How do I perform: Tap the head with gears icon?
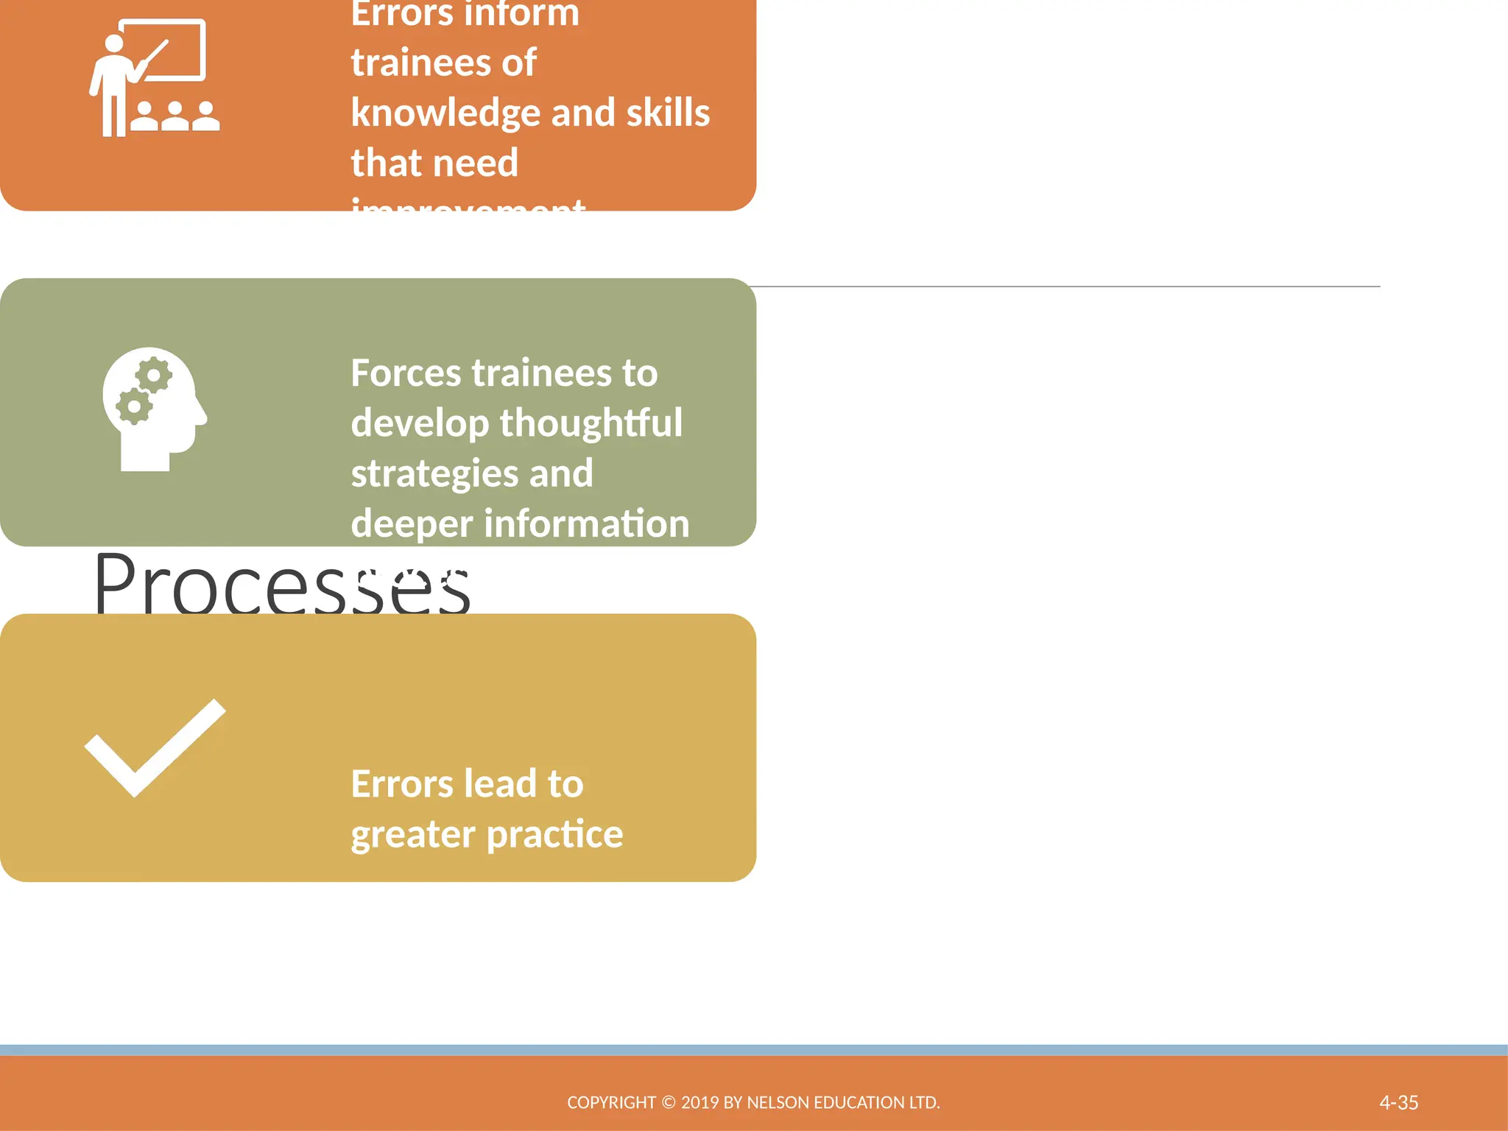click(x=155, y=409)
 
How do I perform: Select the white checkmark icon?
click(x=155, y=747)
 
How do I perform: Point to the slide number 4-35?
click(x=1398, y=1102)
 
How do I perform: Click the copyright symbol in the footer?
click(x=668, y=1102)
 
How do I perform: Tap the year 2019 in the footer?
click(x=700, y=1102)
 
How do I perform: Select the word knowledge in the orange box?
click(x=445, y=113)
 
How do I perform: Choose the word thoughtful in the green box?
click(x=591, y=423)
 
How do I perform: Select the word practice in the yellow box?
click(x=554, y=834)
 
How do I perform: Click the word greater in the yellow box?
click(x=413, y=834)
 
